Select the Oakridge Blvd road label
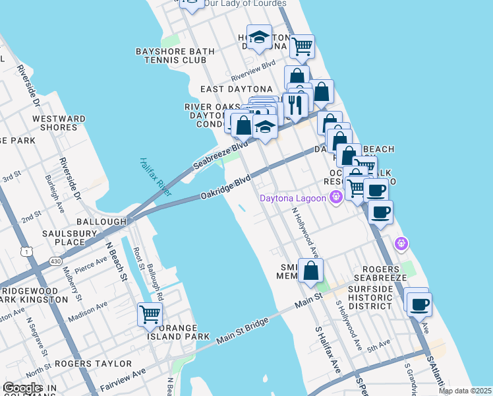(225, 187)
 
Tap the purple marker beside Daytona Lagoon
(336, 197)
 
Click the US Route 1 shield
(26, 251)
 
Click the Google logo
(22, 388)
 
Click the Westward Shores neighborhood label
(58, 123)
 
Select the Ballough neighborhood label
(101, 222)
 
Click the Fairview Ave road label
(122, 376)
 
